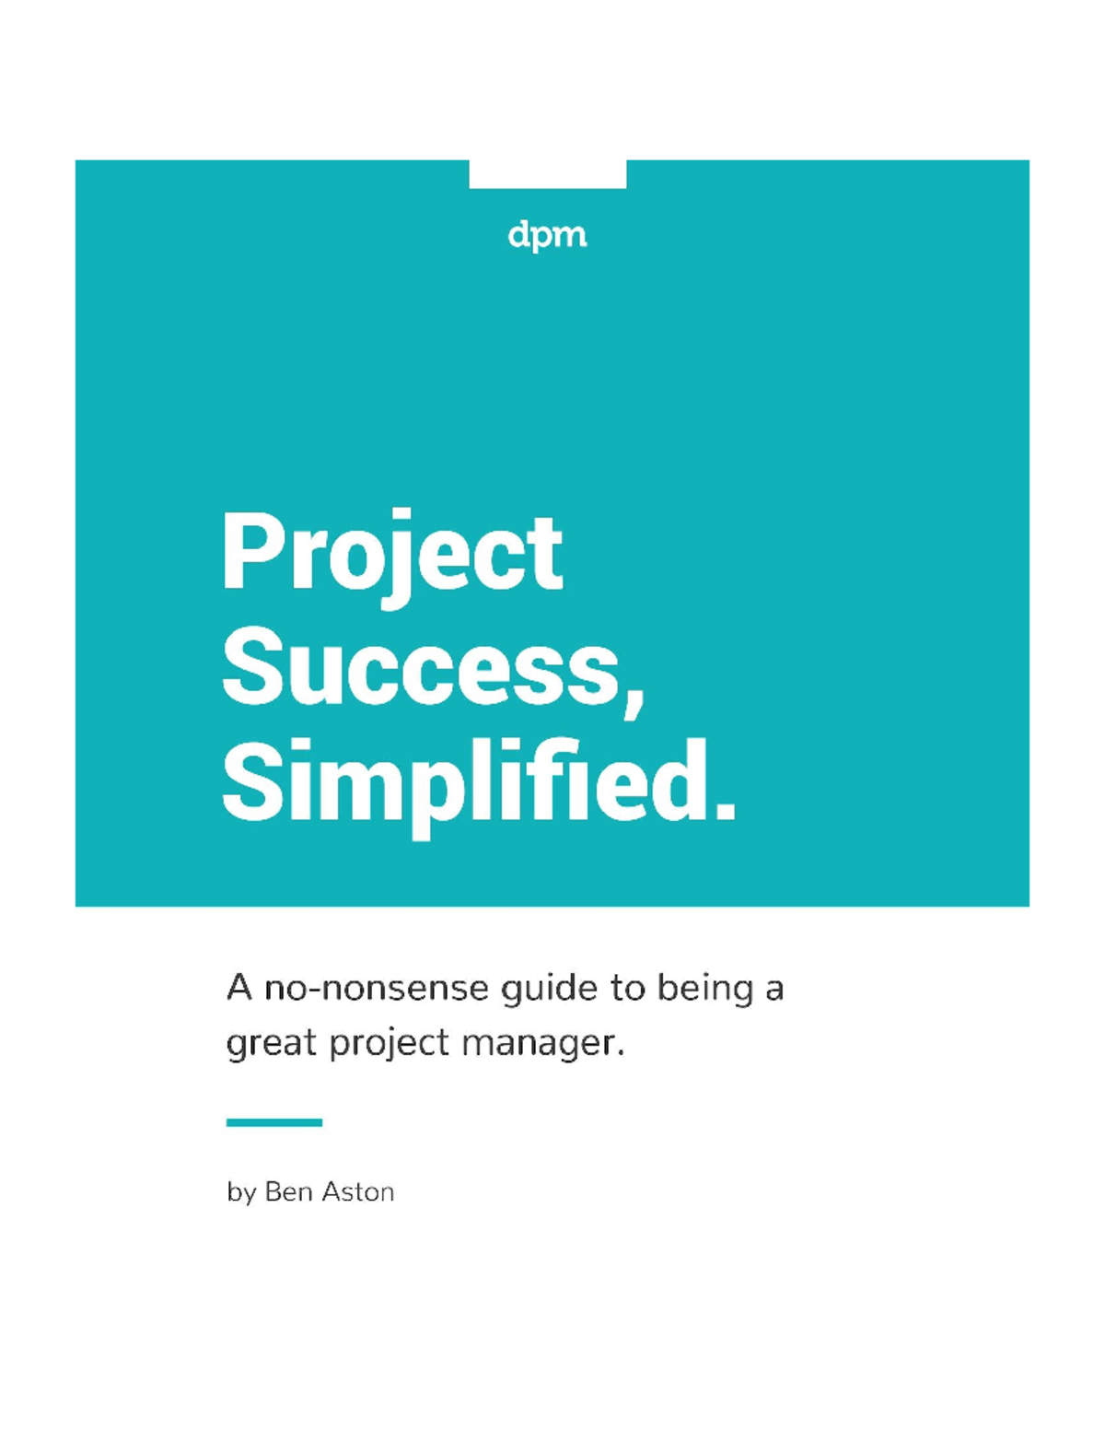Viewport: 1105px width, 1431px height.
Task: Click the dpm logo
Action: (x=547, y=236)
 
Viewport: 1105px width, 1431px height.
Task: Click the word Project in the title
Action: (x=392, y=555)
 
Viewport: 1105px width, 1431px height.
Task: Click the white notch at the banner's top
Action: (x=547, y=173)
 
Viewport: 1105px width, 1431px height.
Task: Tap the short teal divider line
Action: (x=273, y=1122)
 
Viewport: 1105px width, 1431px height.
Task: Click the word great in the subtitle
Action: (x=272, y=1044)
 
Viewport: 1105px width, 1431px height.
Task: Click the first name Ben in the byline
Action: (x=287, y=1192)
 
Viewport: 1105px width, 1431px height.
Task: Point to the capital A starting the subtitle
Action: (x=239, y=989)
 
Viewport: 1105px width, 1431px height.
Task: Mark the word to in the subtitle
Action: (x=628, y=989)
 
